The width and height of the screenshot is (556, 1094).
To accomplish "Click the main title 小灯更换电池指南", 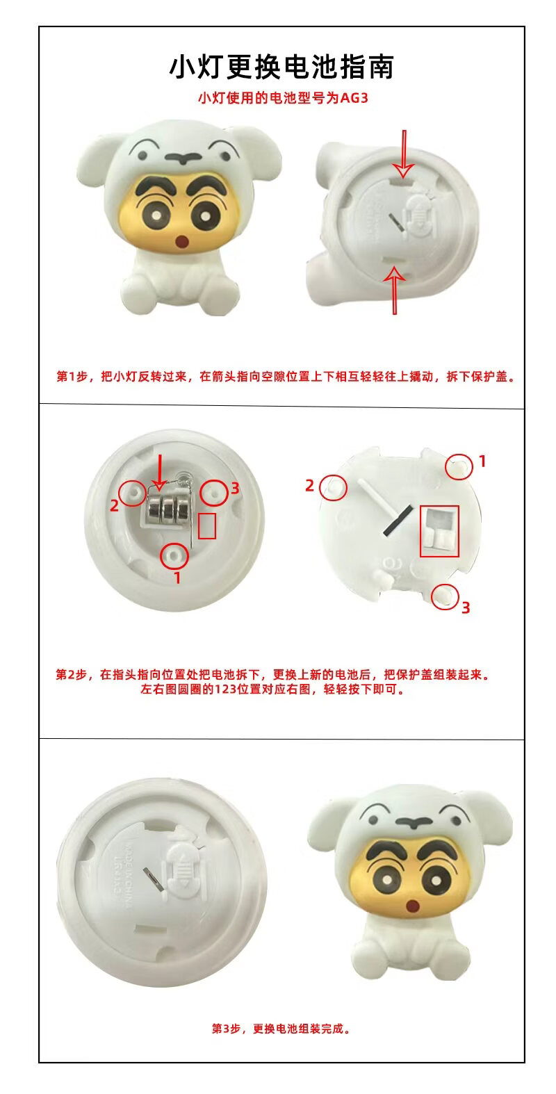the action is coord(281,67).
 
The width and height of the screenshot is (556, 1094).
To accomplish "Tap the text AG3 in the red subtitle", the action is coord(354,98).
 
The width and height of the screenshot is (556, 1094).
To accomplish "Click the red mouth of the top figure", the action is coord(183,241).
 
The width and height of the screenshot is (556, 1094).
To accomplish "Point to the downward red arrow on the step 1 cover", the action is coord(404,154).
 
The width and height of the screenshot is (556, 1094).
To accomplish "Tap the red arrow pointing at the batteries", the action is coord(158,473).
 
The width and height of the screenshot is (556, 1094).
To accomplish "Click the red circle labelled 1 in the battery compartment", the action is coord(174,556).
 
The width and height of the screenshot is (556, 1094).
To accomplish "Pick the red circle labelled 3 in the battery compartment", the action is coord(214,492).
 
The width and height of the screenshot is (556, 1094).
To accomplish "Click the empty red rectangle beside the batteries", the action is coord(207,525).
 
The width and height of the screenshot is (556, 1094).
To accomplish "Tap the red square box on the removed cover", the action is coord(439,531).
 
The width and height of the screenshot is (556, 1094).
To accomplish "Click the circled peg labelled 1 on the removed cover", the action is coord(459,466).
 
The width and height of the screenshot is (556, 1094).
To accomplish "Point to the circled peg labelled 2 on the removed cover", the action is coord(334,487).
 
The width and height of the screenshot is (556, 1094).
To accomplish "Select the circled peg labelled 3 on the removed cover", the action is coord(445,596).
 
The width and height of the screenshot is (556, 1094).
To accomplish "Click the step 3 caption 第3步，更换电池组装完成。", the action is coord(281,1029).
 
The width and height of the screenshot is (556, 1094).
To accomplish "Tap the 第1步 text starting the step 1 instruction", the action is coord(72,376).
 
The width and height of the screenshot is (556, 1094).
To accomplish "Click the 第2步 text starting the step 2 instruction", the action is coord(71,674).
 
